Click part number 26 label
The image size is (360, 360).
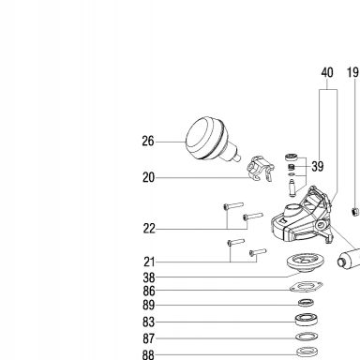148,142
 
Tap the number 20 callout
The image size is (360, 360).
148,177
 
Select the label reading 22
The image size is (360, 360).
149,229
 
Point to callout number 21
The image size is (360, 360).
149,262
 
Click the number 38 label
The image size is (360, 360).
149,277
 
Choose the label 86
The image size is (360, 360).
149,291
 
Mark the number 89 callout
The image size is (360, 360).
149,305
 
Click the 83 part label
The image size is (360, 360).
149,322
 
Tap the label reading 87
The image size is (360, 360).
149,338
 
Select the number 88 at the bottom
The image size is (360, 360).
148,355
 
